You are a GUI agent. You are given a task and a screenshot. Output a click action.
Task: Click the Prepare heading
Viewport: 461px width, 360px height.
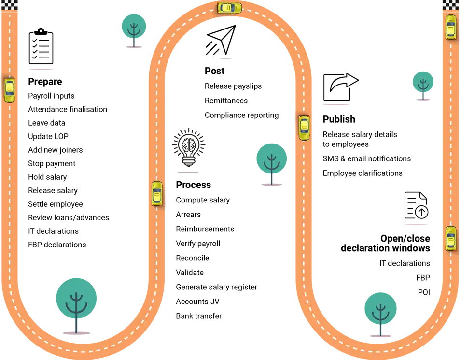[x=45, y=82]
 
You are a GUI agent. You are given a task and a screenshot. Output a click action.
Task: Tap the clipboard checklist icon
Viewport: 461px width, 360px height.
[x=41, y=46]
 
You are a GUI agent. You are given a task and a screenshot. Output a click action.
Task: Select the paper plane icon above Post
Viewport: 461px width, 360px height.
[x=221, y=40]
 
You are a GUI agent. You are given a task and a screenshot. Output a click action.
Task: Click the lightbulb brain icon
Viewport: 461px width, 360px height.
[x=189, y=147]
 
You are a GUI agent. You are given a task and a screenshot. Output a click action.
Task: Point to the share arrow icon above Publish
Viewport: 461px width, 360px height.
[x=341, y=87]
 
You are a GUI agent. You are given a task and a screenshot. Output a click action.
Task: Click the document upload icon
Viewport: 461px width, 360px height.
[x=416, y=205]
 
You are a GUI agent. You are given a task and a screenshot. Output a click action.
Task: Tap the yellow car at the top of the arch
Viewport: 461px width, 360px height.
[x=230, y=7]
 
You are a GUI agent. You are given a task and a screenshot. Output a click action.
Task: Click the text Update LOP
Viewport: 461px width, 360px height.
[x=48, y=136]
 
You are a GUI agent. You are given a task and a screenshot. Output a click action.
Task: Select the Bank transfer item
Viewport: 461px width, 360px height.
[x=199, y=316]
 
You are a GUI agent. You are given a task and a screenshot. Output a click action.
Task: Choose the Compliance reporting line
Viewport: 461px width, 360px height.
[x=242, y=115]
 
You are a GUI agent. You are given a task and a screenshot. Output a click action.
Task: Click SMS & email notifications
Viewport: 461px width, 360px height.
[x=366, y=158]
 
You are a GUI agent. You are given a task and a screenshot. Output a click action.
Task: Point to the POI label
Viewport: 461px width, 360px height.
[x=424, y=292]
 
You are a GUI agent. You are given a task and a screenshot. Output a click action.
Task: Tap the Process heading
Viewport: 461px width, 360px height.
[x=194, y=185]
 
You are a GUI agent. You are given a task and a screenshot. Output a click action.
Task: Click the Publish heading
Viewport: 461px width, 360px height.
[x=339, y=119]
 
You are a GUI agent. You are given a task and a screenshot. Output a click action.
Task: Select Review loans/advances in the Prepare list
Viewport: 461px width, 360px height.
[x=69, y=217]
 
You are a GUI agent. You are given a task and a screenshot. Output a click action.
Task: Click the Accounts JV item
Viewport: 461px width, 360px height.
[x=197, y=302]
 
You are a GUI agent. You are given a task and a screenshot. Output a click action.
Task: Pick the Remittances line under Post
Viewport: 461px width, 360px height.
[x=226, y=101]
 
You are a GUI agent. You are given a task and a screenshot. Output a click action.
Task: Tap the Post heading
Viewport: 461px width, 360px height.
[x=215, y=71]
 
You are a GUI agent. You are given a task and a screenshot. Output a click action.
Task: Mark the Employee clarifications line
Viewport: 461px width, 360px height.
[x=363, y=173]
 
